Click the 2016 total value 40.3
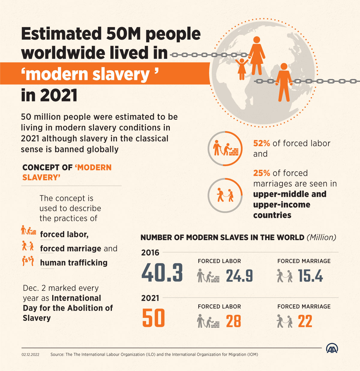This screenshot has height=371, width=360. pos(162,273)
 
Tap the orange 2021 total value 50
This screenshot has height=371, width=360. pos(154,318)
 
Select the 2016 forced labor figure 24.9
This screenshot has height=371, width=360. pos(239,276)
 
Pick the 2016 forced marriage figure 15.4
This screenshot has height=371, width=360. pos(310,276)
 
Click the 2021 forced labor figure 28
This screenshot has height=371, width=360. pos(233,321)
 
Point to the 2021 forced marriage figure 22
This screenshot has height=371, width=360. pos(305,321)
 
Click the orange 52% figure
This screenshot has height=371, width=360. pos(262,143)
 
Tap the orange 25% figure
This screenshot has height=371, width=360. pos(262,173)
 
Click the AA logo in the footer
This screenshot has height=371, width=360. pos(332,348)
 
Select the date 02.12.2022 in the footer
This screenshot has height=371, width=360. pos(30,354)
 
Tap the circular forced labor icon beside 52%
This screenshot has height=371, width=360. pos(225,149)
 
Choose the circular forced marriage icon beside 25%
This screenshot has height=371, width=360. pos(225,196)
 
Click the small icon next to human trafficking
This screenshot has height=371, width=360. pos(28,261)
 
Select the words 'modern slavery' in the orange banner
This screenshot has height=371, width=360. pos(89,74)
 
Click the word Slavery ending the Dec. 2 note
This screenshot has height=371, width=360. pos(37,318)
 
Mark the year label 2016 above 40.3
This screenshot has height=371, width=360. pos(150,253)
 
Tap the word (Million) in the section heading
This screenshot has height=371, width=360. pos(321,237)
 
